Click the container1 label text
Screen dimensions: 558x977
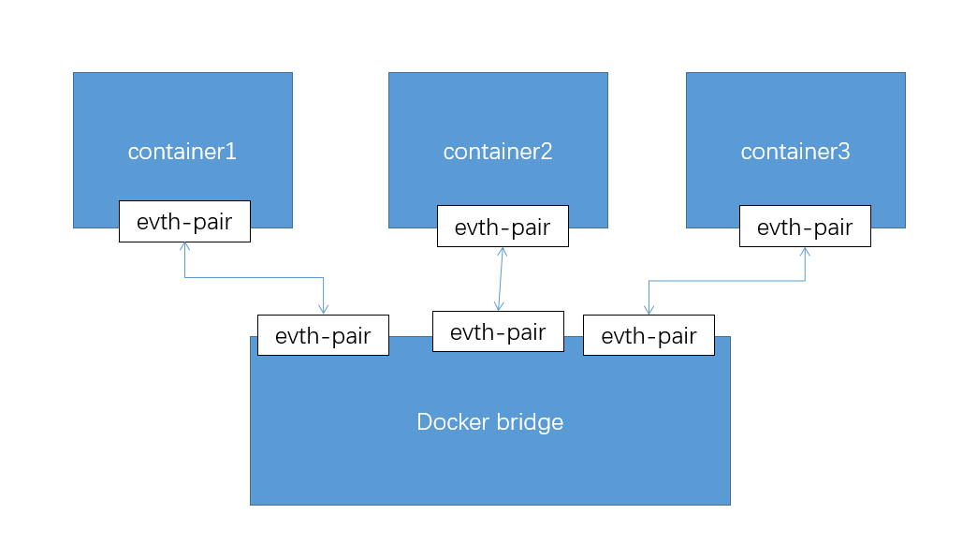pos(182,152)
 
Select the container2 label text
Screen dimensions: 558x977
pos(498,152)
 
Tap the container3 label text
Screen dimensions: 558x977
pos(795,152)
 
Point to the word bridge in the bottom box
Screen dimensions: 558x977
pos(530,422)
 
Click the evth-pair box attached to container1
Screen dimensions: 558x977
pos(184,222)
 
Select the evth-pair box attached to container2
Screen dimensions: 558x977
pos(503,227)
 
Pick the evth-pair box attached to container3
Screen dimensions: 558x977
pos(805,227)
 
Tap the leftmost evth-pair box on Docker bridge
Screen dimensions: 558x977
pos(323,335)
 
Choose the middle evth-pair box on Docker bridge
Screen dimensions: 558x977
pos(498,331)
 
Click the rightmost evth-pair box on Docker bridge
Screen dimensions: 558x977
pos(649,335)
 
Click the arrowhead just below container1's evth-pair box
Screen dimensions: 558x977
pos(184,246)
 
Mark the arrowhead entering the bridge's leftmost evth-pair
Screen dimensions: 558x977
pos(323,310)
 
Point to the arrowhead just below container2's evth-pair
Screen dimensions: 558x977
pos(503,251)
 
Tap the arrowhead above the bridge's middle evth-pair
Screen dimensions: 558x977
pos(499,307)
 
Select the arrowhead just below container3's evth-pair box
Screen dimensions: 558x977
pos(805,251)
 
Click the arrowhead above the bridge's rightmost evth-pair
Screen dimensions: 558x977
pos(649,310)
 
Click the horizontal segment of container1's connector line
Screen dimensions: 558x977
pos(254,277)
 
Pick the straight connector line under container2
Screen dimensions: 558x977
pos(501,279)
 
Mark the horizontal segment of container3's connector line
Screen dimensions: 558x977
pos(726,280)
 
